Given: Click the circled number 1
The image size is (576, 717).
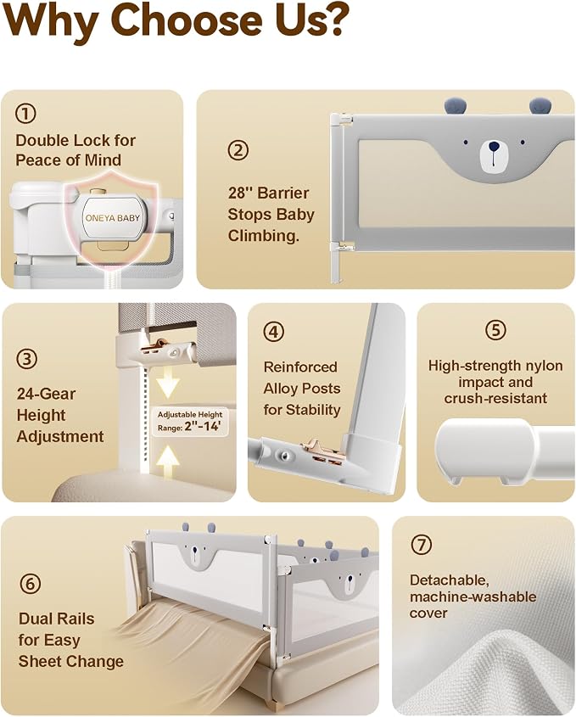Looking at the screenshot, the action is pos(25,114).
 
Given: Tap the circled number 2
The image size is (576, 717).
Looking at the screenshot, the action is pos(238,150).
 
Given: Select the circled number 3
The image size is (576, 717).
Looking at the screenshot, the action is pos(27,359).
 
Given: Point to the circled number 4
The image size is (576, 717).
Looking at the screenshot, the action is pos(274,332).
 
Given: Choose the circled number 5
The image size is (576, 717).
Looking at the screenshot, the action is pos(495,329).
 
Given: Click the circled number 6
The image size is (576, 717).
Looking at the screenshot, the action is pos(31,584).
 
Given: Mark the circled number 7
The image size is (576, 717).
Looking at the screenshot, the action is pos(421,545).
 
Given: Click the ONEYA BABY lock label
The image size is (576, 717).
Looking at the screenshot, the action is pos(113,218).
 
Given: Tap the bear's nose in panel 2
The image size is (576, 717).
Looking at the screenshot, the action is pos(494,147).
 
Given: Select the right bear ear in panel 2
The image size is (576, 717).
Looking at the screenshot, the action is pos(540,105).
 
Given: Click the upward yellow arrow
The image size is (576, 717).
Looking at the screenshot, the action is pos(168,462).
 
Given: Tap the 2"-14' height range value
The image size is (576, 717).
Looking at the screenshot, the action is pos(203,427).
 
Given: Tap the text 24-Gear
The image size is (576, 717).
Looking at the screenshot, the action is pos(46,394).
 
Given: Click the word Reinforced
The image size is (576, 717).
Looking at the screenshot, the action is pos(300,367).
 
